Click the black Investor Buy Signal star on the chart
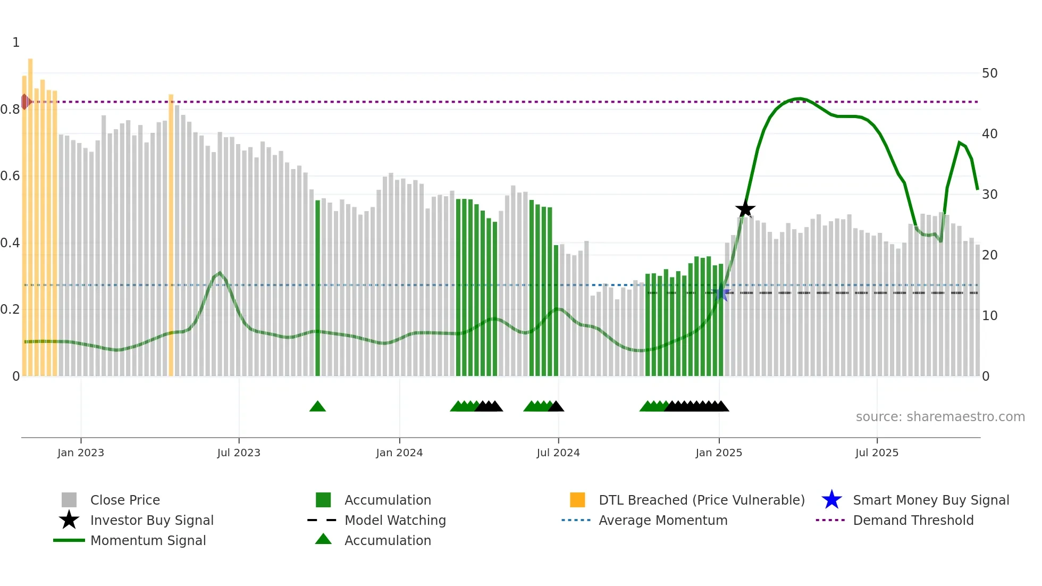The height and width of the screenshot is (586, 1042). coord(745,209)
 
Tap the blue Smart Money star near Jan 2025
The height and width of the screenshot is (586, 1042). coord(721,294)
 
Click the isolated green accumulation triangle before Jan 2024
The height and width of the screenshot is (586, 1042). coord(317,407)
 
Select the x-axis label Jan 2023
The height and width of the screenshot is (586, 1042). coord(81,453)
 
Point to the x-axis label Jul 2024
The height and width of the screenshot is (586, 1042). coord(558,453)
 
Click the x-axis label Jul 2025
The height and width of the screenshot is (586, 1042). coord(877,453)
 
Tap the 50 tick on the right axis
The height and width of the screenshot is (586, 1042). coord(989,73)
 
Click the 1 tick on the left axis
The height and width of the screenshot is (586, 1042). coord(16,43)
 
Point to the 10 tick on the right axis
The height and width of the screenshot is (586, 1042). coord(989,316)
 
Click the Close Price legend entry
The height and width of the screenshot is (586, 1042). coord(125,500)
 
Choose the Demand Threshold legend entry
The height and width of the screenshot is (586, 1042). coord(913,520)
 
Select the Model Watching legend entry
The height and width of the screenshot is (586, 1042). coord(395,520)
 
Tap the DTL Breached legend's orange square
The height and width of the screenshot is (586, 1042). coord(577,500)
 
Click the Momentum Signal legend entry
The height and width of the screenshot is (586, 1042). coord(148,540)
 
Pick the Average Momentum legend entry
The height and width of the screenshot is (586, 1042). coord(662,520)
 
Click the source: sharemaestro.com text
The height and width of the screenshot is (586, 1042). coord(940,417)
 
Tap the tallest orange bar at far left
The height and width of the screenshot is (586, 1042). coord(30,213)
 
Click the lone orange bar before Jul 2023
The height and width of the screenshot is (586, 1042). coord(171,234)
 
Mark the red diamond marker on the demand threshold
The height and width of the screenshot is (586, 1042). coord(25,102)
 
